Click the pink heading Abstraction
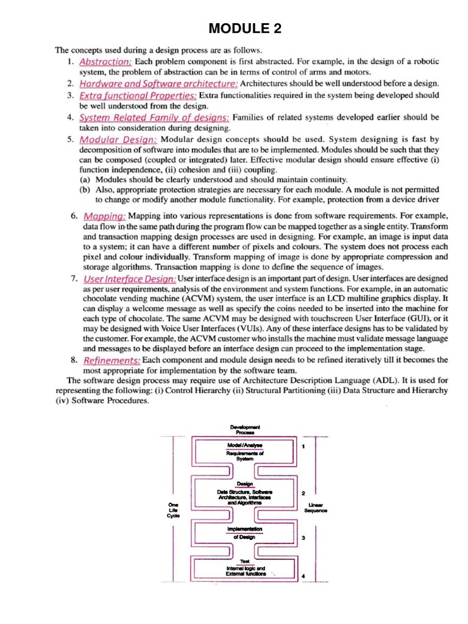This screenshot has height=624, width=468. tap(106, 62)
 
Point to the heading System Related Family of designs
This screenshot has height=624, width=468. tap(155, 117)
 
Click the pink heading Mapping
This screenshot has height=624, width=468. tap(104, 216)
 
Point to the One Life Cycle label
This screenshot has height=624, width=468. tap(174, 510)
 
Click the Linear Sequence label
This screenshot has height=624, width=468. tap(316, 508)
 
